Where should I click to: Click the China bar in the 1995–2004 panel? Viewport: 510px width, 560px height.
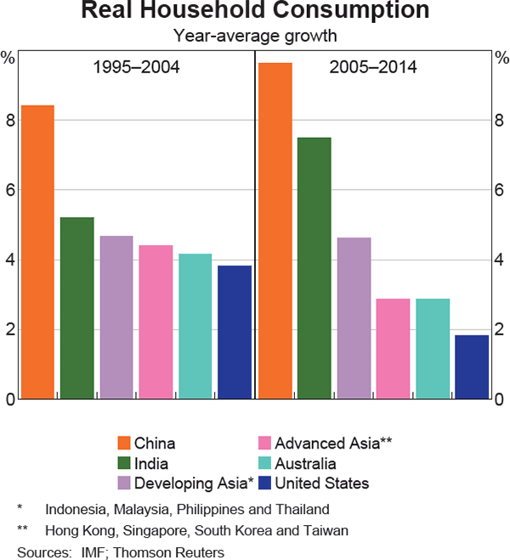pos(37,252)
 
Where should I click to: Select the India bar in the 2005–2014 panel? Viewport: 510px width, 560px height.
pos(314,268)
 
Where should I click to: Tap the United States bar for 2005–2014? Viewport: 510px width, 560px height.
pos(472,367)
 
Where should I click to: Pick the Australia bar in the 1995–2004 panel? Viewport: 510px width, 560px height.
pos(195,326)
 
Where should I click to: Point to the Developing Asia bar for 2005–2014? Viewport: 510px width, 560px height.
pos(354,318)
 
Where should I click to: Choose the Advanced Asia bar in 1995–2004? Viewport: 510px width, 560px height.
pos(156,322)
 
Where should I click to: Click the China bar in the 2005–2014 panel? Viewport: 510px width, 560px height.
pos(275,231)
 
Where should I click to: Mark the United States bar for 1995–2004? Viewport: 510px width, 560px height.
pos(235,332)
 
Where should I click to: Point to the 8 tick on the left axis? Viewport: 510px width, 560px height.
pos(10,121)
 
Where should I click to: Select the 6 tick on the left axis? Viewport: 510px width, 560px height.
pos(10,191)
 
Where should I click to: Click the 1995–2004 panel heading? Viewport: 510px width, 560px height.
pos(136,67)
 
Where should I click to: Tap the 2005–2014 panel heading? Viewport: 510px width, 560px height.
pos(373,67)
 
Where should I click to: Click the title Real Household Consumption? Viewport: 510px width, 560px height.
pos(255,12)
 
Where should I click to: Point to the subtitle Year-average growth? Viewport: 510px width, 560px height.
pos(255,36)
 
